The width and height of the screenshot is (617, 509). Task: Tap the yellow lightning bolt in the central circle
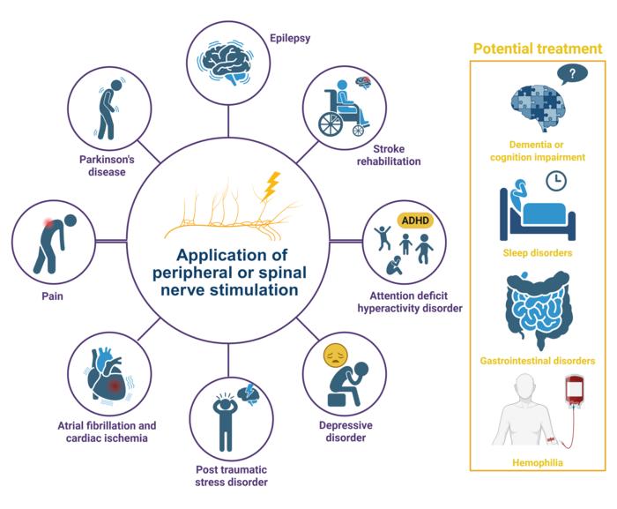coord(273,185)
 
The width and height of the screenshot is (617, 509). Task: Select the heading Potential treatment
coord(538,49)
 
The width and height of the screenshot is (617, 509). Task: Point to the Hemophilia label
coord(538,461)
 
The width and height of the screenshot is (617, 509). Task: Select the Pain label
coord(51,297)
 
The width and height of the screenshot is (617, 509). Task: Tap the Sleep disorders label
coord(538,253)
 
